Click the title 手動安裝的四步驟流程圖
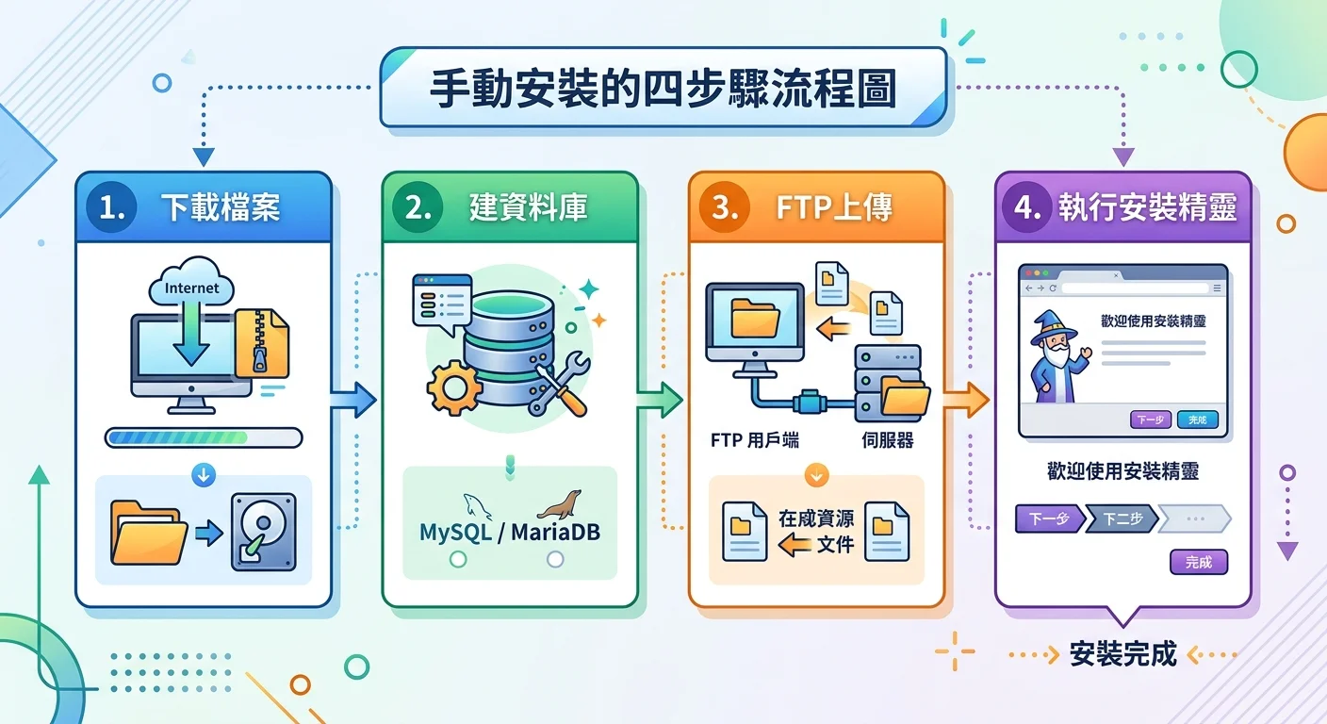coord(663,90)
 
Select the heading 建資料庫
coord(528,208)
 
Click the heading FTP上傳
coord(835,208)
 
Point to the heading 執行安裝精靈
coord(1146,208)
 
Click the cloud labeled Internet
coord(191,283)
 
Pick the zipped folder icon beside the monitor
coord(262,344)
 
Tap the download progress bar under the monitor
coord(204,437)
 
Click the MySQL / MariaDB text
coord(510,532)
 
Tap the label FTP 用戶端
coord(755,440)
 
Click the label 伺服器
coord(887,440)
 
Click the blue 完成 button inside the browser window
coord(1197,420)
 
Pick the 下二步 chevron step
coord(1122,519)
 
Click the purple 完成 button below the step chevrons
coord(1199,563)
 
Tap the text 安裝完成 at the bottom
coord(1123,654)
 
